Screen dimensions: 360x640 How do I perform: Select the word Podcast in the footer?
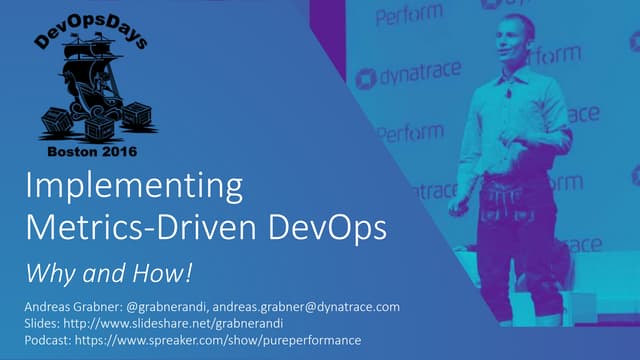[46, 340]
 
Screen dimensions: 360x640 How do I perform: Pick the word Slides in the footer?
[39, 323]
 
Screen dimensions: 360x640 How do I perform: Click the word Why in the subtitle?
[44, 271]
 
